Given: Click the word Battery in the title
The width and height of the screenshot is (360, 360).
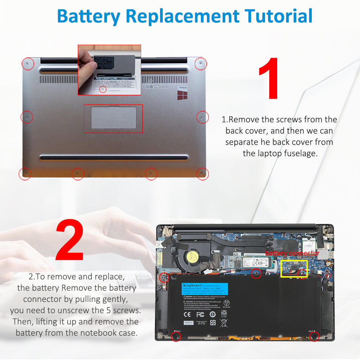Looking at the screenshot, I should [x=87, y=16].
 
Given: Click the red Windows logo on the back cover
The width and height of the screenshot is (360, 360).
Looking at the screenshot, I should [x=182, y=95].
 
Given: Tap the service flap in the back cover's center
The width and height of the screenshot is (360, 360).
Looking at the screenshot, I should [x=113, y=118].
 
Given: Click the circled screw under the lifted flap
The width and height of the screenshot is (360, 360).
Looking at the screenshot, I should [x=103, y=89].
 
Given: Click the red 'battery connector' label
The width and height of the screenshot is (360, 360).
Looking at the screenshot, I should [x=292, y=253].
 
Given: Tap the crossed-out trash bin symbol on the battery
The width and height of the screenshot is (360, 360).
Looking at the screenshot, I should [x=223, y=323].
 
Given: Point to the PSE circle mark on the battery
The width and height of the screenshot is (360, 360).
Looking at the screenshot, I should [x=226, y=303].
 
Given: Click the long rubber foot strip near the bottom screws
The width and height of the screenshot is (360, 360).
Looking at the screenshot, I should [x=114, y=157].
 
